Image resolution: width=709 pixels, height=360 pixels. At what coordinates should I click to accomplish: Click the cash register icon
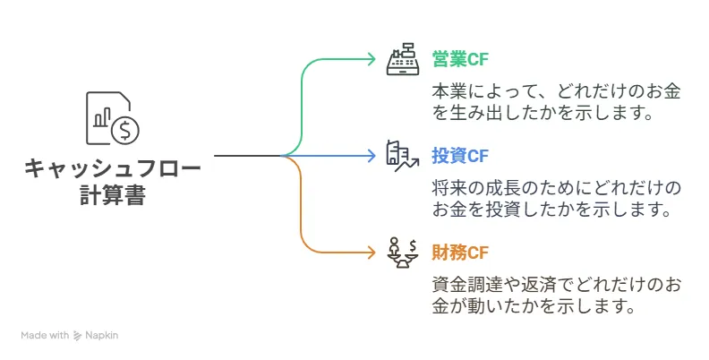point(402,59)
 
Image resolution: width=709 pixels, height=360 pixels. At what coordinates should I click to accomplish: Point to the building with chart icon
point(402,156)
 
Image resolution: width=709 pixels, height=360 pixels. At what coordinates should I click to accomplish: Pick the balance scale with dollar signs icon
point(402,252)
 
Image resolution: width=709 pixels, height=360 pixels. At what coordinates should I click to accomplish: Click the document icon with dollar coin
point(112,117)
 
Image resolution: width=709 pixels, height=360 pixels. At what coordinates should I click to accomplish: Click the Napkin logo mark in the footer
point(78,336)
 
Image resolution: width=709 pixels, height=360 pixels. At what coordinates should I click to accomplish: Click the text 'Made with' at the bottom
point(45,336)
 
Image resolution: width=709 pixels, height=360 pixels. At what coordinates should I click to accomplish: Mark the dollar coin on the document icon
point(124,130)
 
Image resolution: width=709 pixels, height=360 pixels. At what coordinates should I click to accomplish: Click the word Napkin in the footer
point(101,336)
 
